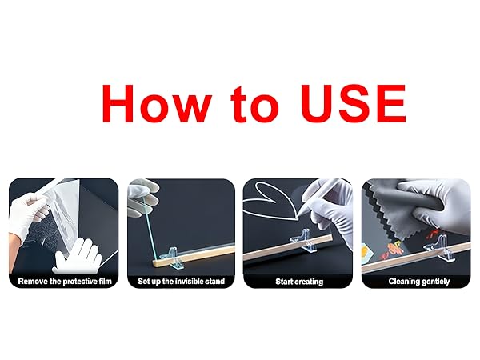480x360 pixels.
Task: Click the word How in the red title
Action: [157, 103]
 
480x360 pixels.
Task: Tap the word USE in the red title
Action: [354, 103]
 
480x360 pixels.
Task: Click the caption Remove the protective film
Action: [65, 282]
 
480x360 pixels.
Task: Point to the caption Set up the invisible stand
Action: [182, 282]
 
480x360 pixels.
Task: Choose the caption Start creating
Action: [299, 282]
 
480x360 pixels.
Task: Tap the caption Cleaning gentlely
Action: [419, 282]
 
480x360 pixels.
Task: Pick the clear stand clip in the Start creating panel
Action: [304, 240]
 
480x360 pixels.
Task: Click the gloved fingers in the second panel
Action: [143, 196]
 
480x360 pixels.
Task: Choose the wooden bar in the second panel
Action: [193, 254]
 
